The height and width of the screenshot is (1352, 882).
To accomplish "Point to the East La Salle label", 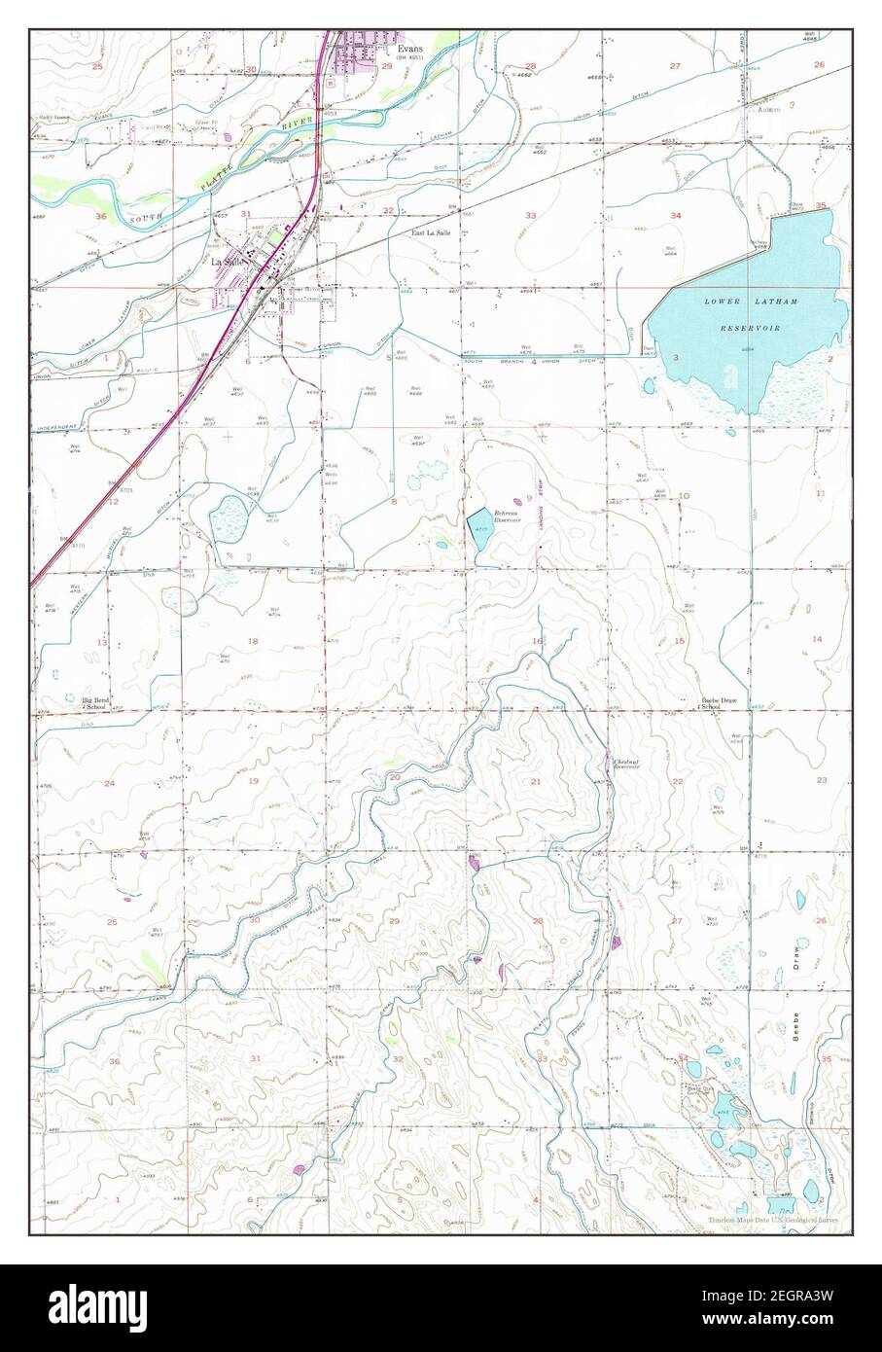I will coord(428,234).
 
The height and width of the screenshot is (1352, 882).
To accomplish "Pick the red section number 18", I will coord(254,641).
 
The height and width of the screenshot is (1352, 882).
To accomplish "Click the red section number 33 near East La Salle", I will coord(531,214).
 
